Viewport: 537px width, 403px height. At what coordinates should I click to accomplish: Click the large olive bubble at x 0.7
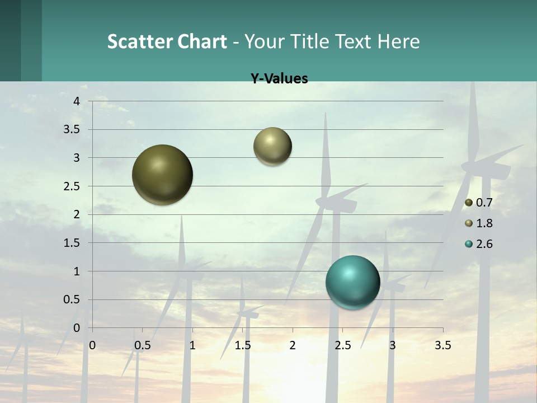click(162, 175)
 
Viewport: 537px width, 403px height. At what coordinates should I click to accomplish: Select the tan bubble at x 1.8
click(272, 146)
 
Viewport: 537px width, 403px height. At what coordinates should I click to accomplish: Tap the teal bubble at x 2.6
click(353, 282)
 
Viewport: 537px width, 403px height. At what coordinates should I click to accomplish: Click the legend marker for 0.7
click(469, 203)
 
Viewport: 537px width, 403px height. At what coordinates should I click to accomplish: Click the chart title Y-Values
click(279, 79)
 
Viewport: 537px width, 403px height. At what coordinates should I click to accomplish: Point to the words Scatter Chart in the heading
click(167, 41)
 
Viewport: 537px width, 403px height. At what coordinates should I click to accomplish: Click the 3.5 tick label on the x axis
click(442, 345)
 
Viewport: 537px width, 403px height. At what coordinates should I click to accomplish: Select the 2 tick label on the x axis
click(293, 345)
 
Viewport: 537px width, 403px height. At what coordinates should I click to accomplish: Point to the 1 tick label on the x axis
click(192, 345)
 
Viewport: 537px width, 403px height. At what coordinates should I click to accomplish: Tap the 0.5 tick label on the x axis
click(142, 345)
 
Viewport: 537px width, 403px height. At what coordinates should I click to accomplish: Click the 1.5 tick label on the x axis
click(242, 345)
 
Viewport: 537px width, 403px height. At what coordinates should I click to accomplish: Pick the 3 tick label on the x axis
click(393, 345)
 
